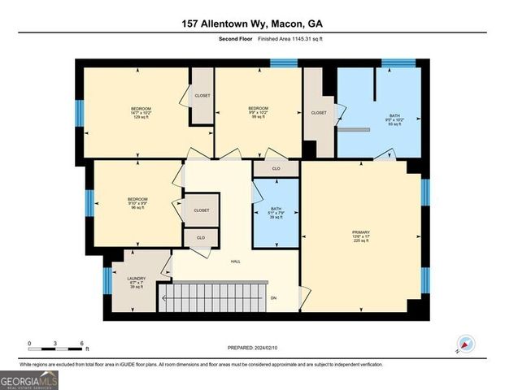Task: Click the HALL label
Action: pyautogui.click(x=235, y=262)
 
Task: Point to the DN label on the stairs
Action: pyautogui.click(x=273, y=297)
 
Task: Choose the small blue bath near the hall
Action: pyautogui.click(x=276, y=213)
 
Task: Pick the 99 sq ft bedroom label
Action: pyautogui.click(x=258, y=113)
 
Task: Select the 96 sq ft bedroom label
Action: pyautogui.click(x=137, y=204)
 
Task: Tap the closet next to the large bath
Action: pyautogui.click(x=319, y=113)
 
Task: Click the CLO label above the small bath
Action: pyautogui.click(x=276, y=169)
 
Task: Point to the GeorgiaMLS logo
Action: pyautogui.click(x=28, y=379)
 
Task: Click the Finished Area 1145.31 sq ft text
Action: pyautogui.click(x=290, y=39)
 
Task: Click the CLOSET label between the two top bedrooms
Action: pyautogui.click(x=202, y=96)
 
